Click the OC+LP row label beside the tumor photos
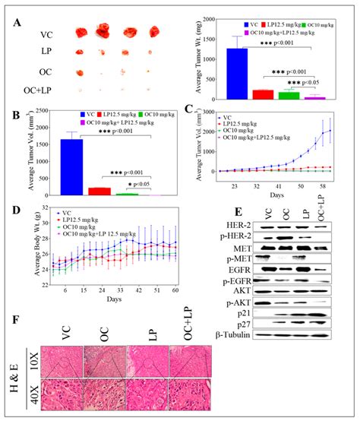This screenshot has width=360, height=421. (x=26, y=95)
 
